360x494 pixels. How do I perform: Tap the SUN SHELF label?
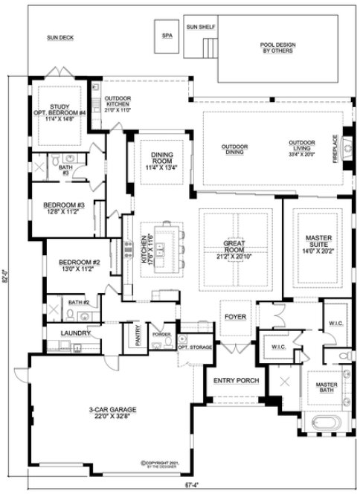[201, 27]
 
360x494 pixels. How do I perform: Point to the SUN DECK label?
[58, 36]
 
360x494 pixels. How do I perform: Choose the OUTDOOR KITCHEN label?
[116, 103]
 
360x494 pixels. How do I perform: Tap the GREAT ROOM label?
[230, 247]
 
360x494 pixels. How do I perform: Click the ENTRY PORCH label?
[235, 380]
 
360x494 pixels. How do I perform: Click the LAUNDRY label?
[77, 333]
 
